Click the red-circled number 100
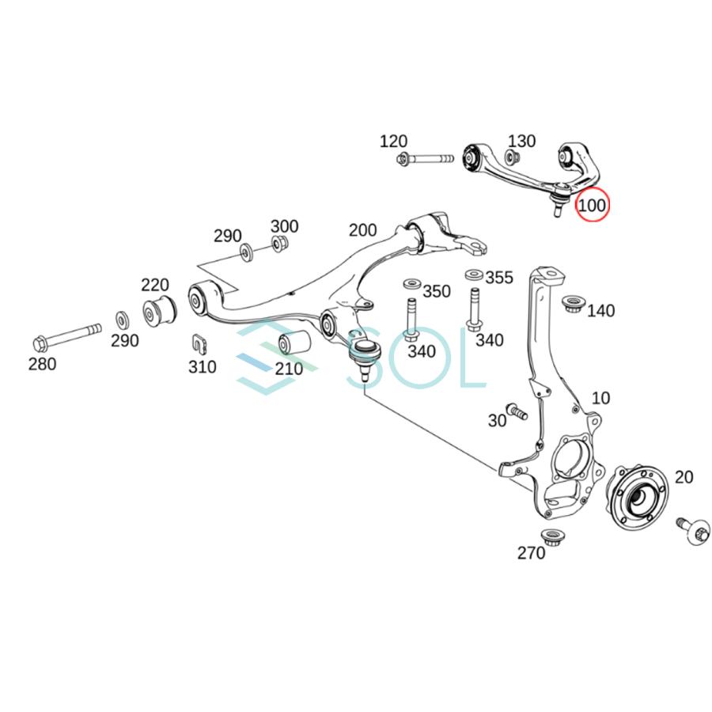pos(593,206)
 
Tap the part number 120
pos(393,142)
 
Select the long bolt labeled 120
pos(427,160)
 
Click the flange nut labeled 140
pos(571,305)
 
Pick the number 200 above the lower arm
pos(363,230)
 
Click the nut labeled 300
pos(278,245)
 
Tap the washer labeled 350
pos(411,283)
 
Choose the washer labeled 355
pos(473,275)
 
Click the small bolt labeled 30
pos(517,411)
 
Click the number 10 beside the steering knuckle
pos(600,397)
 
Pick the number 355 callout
pos(498,278)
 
